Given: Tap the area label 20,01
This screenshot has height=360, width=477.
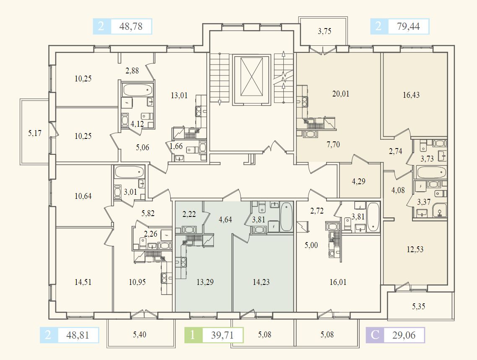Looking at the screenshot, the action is pos(340,94).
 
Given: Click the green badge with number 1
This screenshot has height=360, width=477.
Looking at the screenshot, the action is pos(193,335).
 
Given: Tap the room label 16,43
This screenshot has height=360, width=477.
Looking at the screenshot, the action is pos(411,95).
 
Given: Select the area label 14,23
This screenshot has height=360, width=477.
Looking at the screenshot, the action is pos(261,282).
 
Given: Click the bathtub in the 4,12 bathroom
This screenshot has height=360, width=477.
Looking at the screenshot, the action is pos(137,89).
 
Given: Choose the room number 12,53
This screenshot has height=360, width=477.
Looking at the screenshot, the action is pos(415,249).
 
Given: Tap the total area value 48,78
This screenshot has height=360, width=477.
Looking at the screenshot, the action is pos(131,27).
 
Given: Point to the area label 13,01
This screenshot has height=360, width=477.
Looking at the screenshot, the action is pos(179,95).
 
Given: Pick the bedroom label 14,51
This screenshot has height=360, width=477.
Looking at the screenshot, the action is pos(83,282).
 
